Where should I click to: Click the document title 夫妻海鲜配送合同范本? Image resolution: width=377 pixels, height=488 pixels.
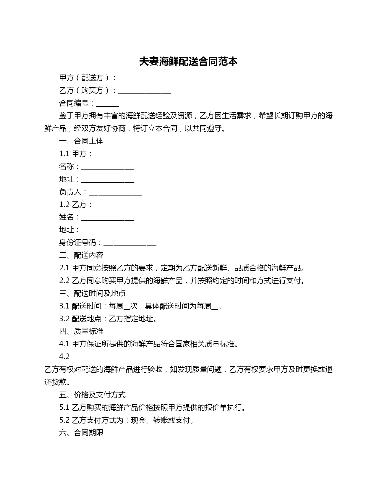[x=188, y=62]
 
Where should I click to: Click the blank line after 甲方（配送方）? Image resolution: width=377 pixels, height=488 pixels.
[x=145, y=79]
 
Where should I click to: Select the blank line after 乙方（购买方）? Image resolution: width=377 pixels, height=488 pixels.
[x=145, y=91]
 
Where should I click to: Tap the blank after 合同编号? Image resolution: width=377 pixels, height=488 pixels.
[x=108, y=104]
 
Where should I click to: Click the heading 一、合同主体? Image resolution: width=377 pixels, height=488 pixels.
[x=81, y=141]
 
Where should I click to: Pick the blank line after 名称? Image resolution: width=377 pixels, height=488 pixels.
[x=108, y=167]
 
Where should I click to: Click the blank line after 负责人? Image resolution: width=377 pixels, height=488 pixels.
[x=115, y=193]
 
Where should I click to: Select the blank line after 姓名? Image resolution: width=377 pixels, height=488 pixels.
[x=108, y=218]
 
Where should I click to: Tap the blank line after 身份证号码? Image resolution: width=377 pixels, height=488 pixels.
[x=130, y=244]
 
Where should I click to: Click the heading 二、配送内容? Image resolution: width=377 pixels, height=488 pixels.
[x=81, y=255]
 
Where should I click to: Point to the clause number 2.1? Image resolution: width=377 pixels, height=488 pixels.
[x=64, y=268]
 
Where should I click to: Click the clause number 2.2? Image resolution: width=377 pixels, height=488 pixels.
[x=64, y=281]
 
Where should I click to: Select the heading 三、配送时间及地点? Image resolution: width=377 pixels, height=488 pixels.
[x=92, y=293]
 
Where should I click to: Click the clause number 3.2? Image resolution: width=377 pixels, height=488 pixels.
[x=64, y=319]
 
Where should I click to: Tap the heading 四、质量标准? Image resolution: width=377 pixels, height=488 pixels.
[x=81, y=331]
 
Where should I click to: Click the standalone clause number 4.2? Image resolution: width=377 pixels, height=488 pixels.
[x=64, y=357]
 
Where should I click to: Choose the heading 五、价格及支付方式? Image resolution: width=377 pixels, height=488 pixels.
[x=92, y=395]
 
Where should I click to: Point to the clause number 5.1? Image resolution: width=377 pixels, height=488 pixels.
[x=64, y=408]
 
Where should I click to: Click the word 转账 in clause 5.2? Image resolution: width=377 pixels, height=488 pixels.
[x=160, y=420]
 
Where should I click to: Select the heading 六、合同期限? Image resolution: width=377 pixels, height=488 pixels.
[x=81, y=433]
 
